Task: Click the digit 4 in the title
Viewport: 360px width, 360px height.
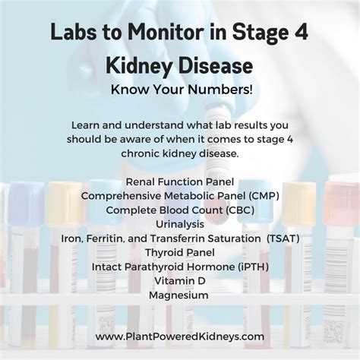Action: coord(302,33)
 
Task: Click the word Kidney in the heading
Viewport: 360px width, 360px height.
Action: coord(141,65)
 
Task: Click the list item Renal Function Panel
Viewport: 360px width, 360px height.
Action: coord(179,182)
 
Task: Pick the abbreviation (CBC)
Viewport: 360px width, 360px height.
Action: coord(233,210)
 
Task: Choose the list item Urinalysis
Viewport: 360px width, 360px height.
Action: coord(179,223)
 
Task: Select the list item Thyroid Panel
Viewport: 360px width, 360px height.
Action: coord(179,252)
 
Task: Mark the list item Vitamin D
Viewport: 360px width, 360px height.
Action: coord(179,281)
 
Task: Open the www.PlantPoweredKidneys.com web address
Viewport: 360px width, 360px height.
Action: coord(180,336)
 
